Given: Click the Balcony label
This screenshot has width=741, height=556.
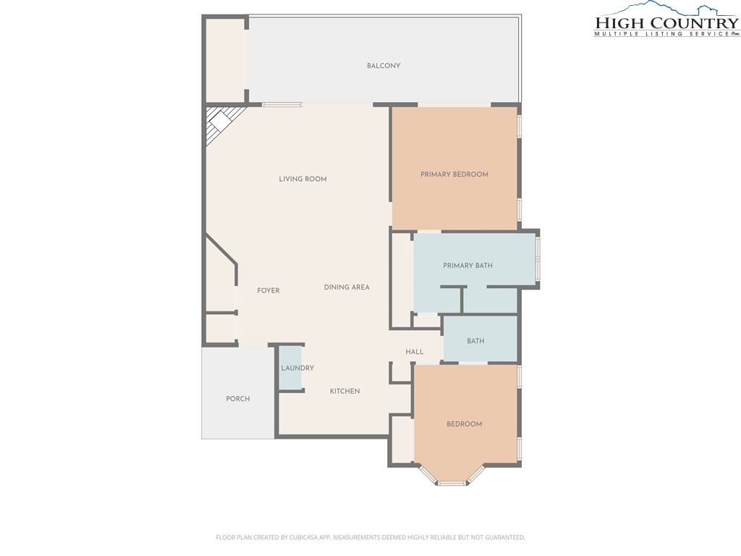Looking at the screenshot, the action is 384,66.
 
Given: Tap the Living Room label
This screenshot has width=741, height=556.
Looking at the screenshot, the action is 302,179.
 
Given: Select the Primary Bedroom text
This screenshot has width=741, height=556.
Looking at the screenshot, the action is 454,174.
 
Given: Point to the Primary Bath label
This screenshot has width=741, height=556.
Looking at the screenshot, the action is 467,265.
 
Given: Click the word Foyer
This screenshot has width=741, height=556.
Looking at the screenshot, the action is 268,290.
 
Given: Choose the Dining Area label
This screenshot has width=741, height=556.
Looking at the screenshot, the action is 347,287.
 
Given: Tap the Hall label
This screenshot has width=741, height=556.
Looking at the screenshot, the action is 415,352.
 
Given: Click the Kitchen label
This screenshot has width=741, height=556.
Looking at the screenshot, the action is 344,391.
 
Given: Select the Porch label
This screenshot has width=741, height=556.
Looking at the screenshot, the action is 237,399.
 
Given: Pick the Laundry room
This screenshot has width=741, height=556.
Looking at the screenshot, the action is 291,368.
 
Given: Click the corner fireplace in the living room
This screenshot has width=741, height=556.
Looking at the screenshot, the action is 221,124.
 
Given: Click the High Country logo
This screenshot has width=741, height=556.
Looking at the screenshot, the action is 666,20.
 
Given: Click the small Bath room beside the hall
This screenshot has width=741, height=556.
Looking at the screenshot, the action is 479,340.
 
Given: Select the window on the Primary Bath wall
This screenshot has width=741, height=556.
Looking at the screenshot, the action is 538,258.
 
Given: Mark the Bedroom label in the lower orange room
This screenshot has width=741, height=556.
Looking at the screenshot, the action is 464,424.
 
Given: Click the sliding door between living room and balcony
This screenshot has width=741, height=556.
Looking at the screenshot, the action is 282,104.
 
